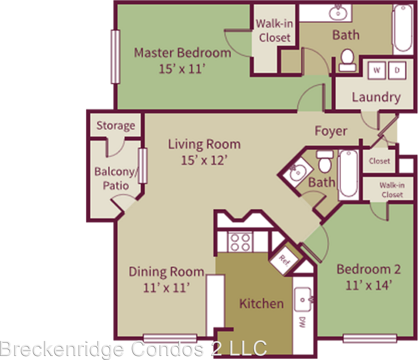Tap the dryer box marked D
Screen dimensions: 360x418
(397, 70)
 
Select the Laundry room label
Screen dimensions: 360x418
(376, 97)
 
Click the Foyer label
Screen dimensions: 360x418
(331, 131)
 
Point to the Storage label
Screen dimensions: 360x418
(116, 125)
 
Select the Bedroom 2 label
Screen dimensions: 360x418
(368, 269)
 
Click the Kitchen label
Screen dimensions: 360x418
(262, 303)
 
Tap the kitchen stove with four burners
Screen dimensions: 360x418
(240, 242)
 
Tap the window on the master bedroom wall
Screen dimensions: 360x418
(115, 57)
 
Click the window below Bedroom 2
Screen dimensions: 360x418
(370, 339)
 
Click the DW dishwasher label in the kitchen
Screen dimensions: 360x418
(301, 322)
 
